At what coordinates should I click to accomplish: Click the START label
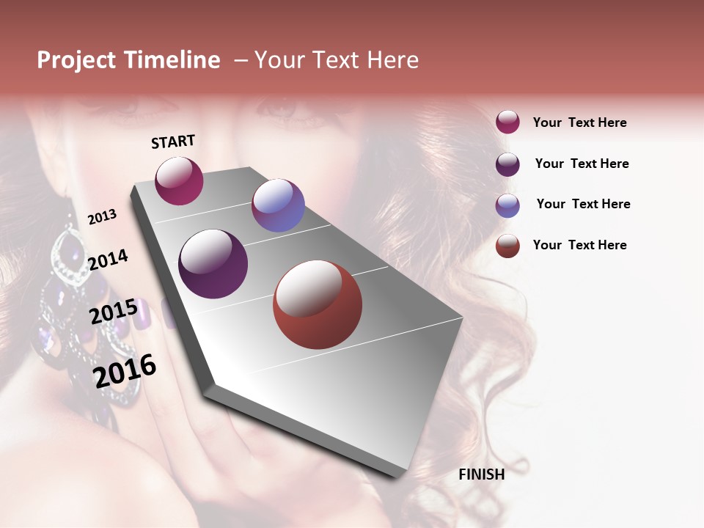click(x=173, y=142)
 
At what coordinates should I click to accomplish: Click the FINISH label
click(x=481, y=474)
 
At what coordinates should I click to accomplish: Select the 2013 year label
click(x=102, y=216)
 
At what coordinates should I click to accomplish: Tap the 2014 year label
click(x=108, y=260)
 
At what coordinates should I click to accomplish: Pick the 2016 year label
click(x=125, y=371)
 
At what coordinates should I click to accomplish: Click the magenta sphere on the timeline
click(x=179, y=180)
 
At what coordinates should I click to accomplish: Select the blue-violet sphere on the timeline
click(x=278, y=205)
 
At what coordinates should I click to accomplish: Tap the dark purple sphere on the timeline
click(x=213, y=264)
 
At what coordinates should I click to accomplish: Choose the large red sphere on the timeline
click(x=317, y=304)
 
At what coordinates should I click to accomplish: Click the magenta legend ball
click(x=507, y=122)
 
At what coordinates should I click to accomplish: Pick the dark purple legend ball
click(x=507, y=164)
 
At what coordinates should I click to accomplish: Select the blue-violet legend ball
click(x=507, y=205)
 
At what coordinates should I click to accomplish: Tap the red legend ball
click(x=507, y=245)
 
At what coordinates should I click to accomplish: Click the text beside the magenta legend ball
click(x=579, y=122)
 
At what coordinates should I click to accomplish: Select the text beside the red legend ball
click(x=579, y=245)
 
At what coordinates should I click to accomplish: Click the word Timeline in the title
click(x=172, y=60)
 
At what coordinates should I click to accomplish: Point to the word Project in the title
click(x=76, y=60)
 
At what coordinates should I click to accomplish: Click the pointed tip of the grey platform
click(x=396, y=475)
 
